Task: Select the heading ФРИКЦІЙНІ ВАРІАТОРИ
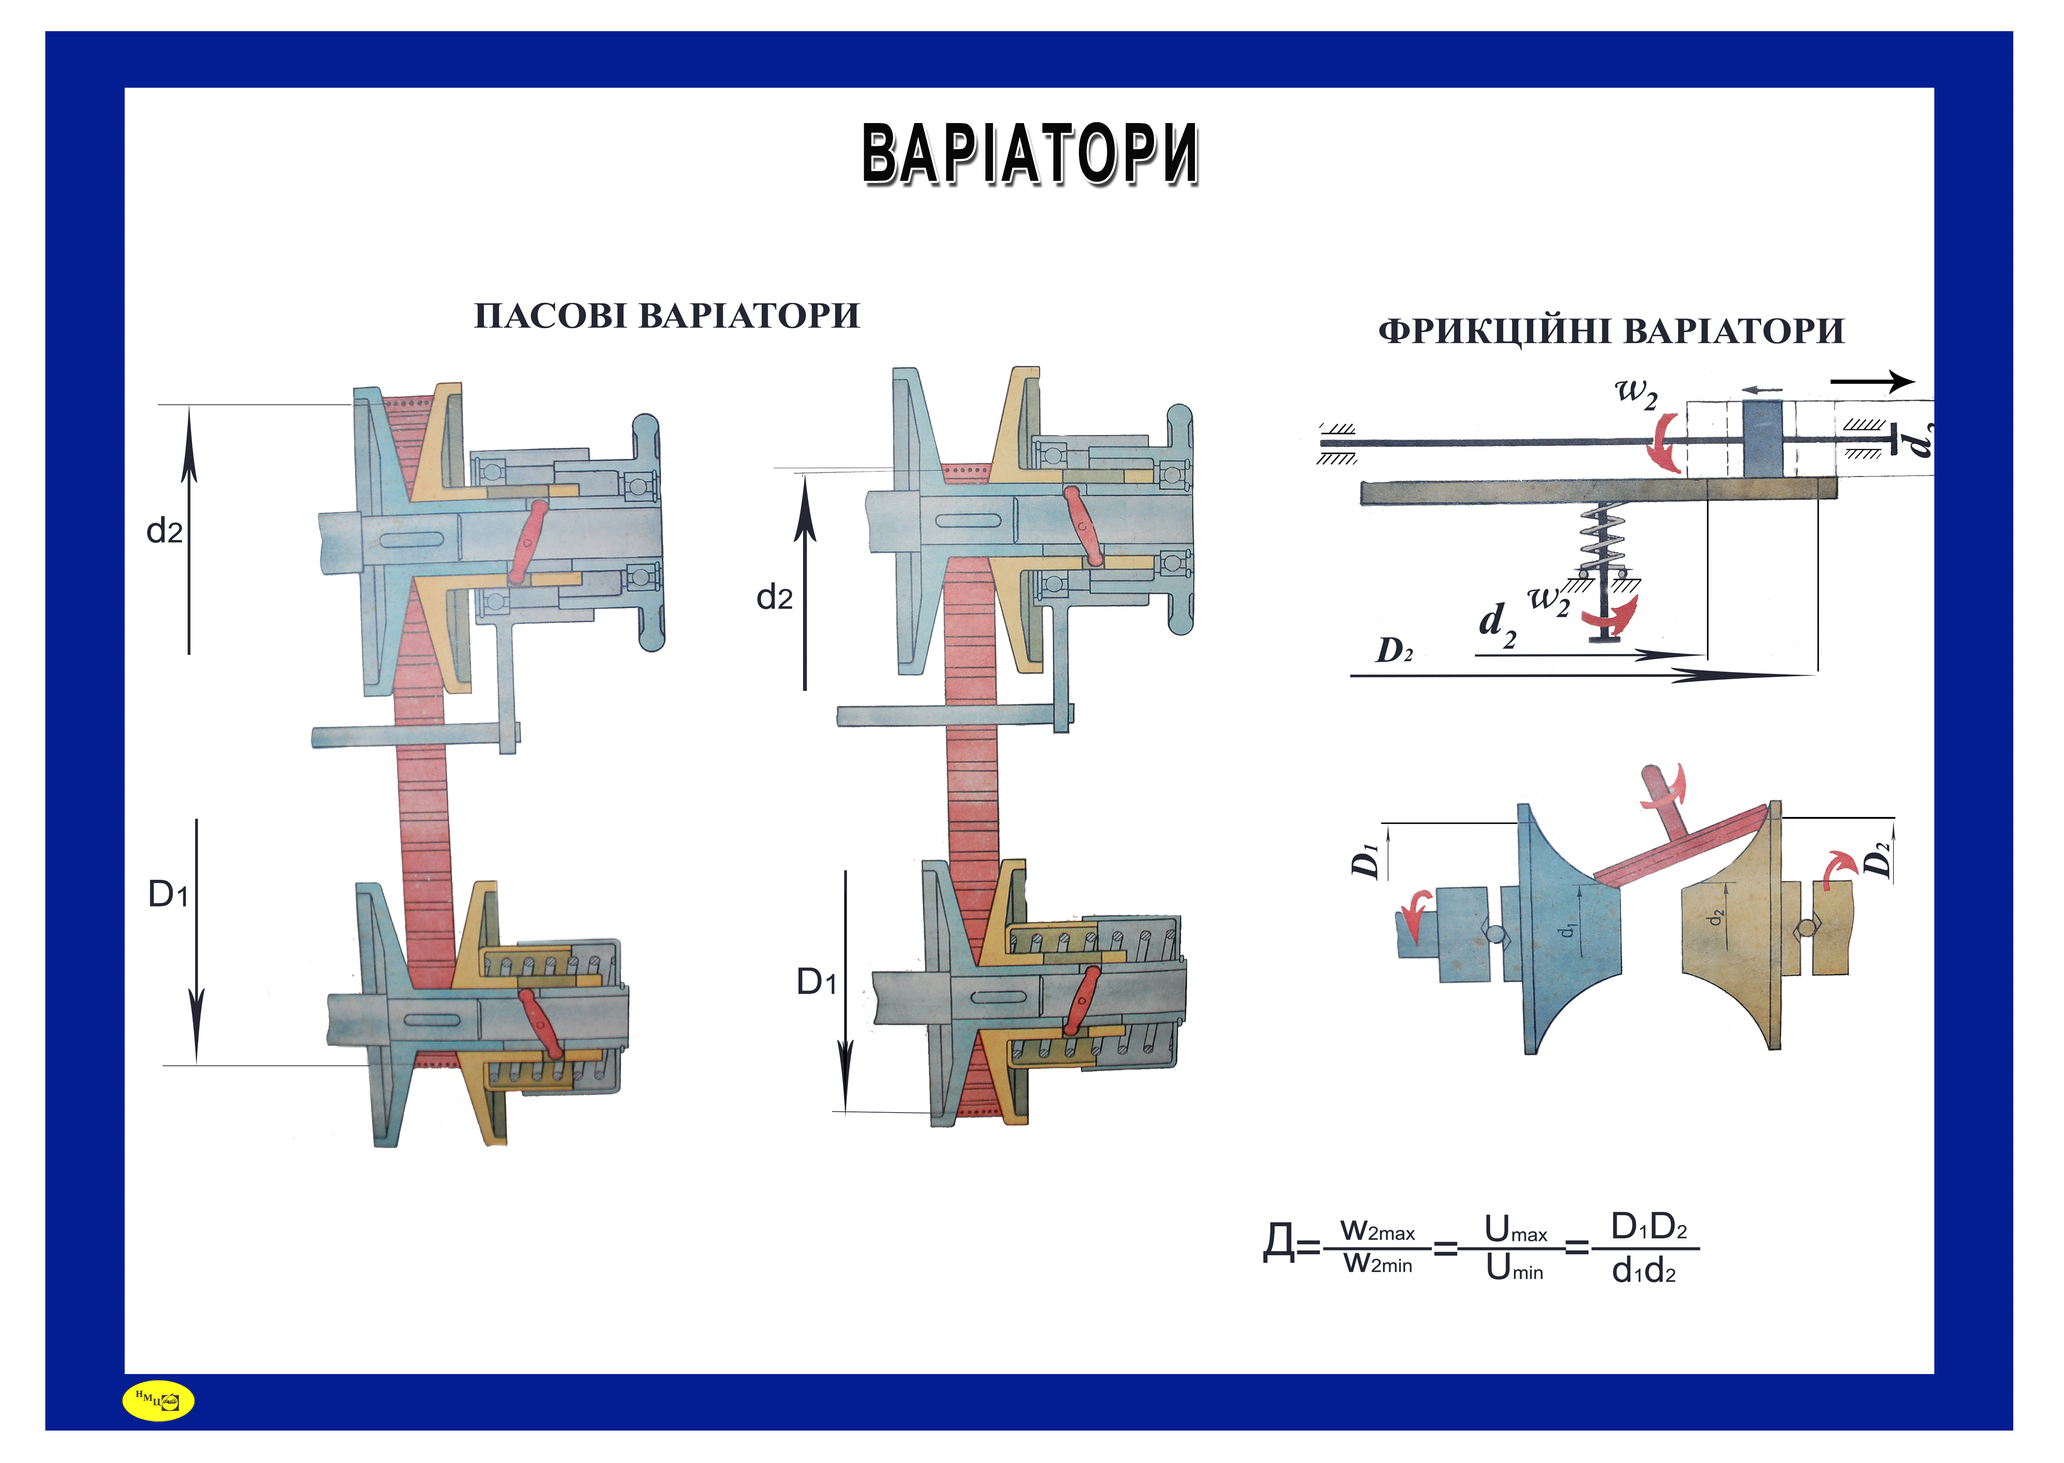[1610, 331]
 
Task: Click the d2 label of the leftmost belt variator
[164, 531]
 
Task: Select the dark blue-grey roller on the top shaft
[1762, 439]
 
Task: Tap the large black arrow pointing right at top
[1871, 382]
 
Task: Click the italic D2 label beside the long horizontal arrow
[1394, 650]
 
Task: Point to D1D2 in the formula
[1648, 1227]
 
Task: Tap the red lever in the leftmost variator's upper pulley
[528, 540]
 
